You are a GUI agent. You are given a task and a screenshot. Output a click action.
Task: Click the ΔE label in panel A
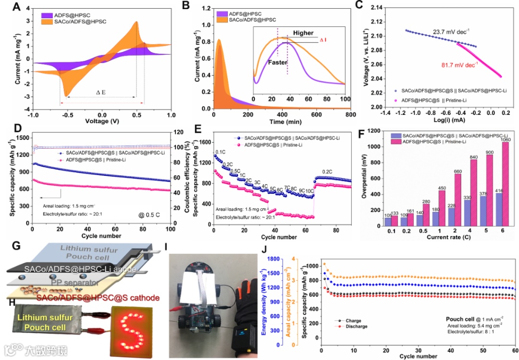click(x=101, y=91)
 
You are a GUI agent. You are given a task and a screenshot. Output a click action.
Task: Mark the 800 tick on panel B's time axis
click(x=350, y=115)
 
